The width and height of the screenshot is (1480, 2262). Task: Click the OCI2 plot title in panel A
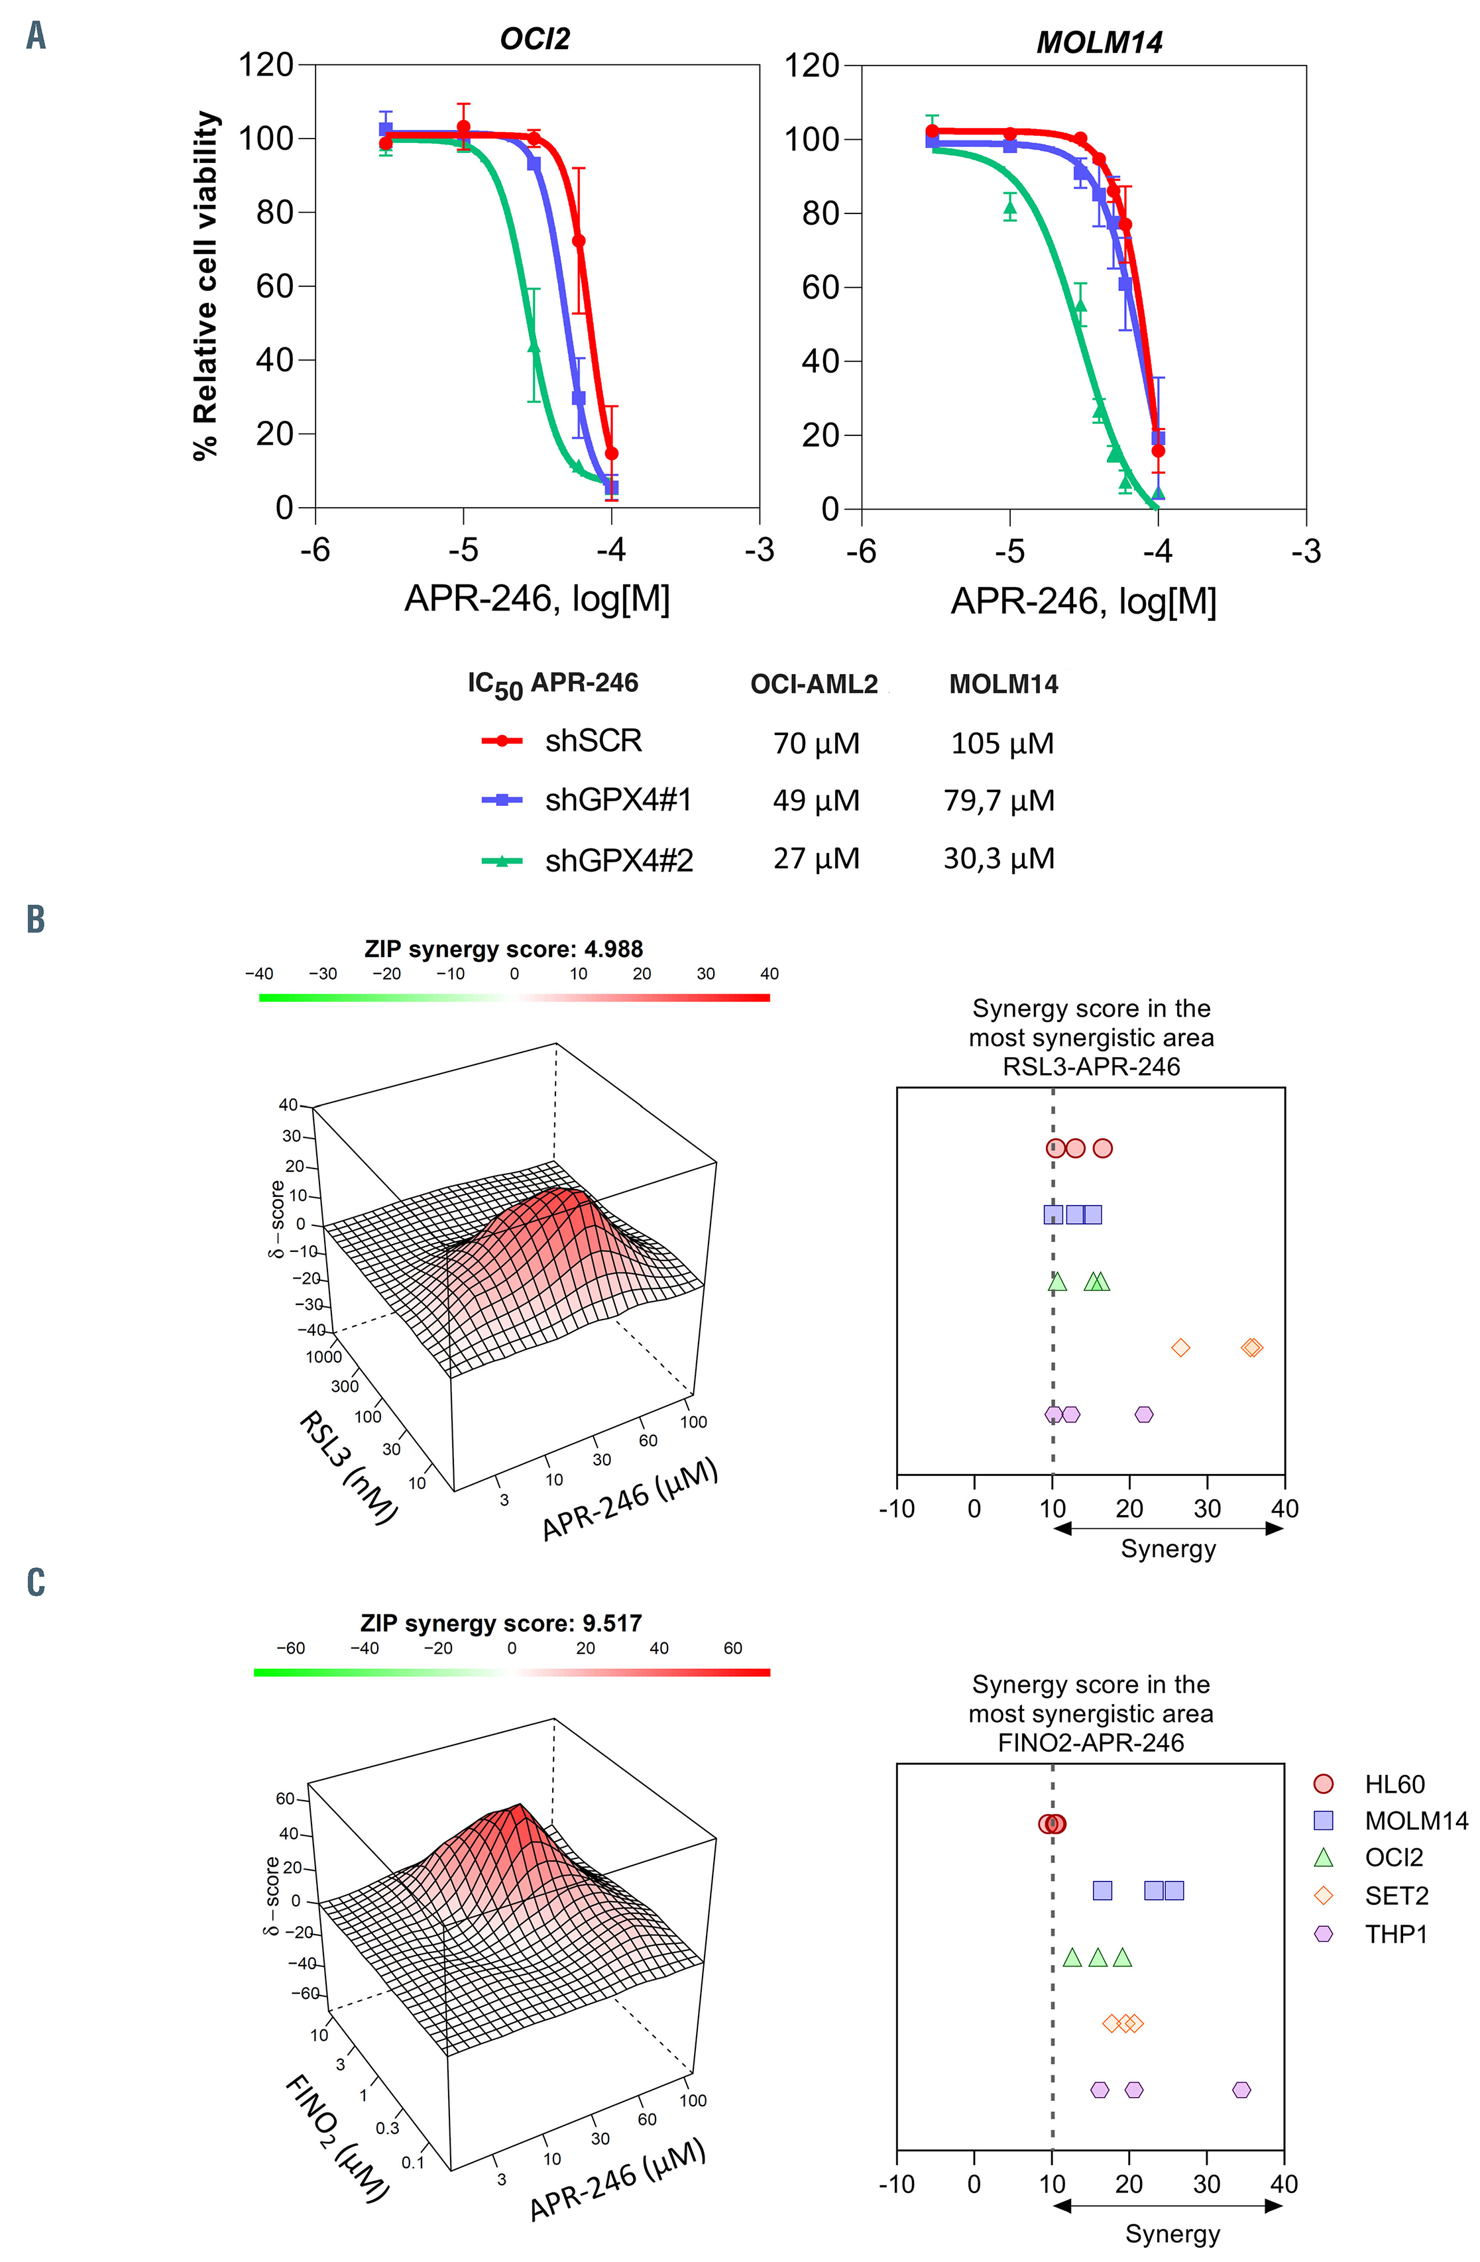pos(534,39)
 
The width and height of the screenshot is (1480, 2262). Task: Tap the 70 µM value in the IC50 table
pos(816,743)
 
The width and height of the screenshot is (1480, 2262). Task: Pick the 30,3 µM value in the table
pos(999,859)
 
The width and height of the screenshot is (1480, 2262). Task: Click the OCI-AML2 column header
pos(814,685)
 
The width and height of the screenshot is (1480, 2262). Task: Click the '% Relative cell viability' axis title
pos(205,285)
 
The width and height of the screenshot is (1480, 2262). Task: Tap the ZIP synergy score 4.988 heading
pos(503,948)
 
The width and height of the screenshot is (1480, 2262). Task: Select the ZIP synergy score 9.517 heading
pos(501,1622)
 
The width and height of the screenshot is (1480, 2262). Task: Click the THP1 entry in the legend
pos(1395,1934)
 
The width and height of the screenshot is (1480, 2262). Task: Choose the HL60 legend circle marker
pos(1322,1784)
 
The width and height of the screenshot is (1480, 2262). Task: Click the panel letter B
pos(35,919)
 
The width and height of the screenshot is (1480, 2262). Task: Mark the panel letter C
pos(35,1583)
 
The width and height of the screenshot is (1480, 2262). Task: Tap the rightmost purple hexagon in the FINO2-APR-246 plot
pos(1241,2090)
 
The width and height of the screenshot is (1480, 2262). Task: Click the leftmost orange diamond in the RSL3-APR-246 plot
pos(1180,1347)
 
